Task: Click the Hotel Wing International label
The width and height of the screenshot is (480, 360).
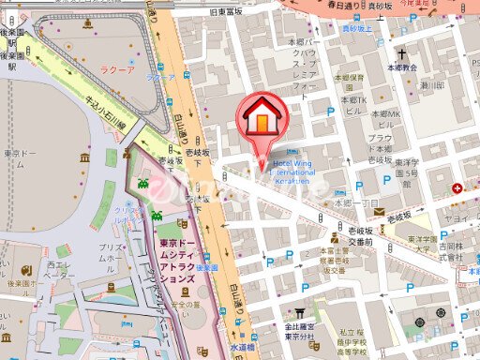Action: [x=307, y=168]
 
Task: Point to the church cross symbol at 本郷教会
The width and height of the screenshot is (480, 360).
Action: [x=403, y=54]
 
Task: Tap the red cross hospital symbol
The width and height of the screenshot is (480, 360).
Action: [x=457, y=188]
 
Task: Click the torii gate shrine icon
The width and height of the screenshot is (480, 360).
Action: [x=301, y=315]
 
